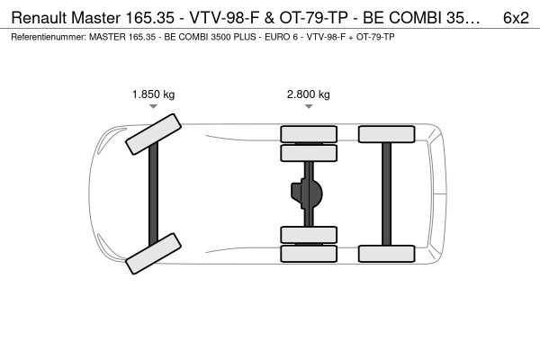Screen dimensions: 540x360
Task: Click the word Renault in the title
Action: (40, 18)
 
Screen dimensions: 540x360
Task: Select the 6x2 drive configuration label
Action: (516, 18)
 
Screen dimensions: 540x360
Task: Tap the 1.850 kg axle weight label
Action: (154, 94)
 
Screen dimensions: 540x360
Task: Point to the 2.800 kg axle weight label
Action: (308, 94)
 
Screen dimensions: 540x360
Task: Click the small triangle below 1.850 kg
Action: (153, 106)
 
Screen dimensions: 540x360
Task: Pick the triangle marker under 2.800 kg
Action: (309, 106)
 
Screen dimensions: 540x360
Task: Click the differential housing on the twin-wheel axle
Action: (307, 193)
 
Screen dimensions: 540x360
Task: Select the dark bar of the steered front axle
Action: (153, 193)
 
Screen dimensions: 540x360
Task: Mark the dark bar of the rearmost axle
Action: (387, 193)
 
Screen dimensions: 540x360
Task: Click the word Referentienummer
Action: (49, 37)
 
